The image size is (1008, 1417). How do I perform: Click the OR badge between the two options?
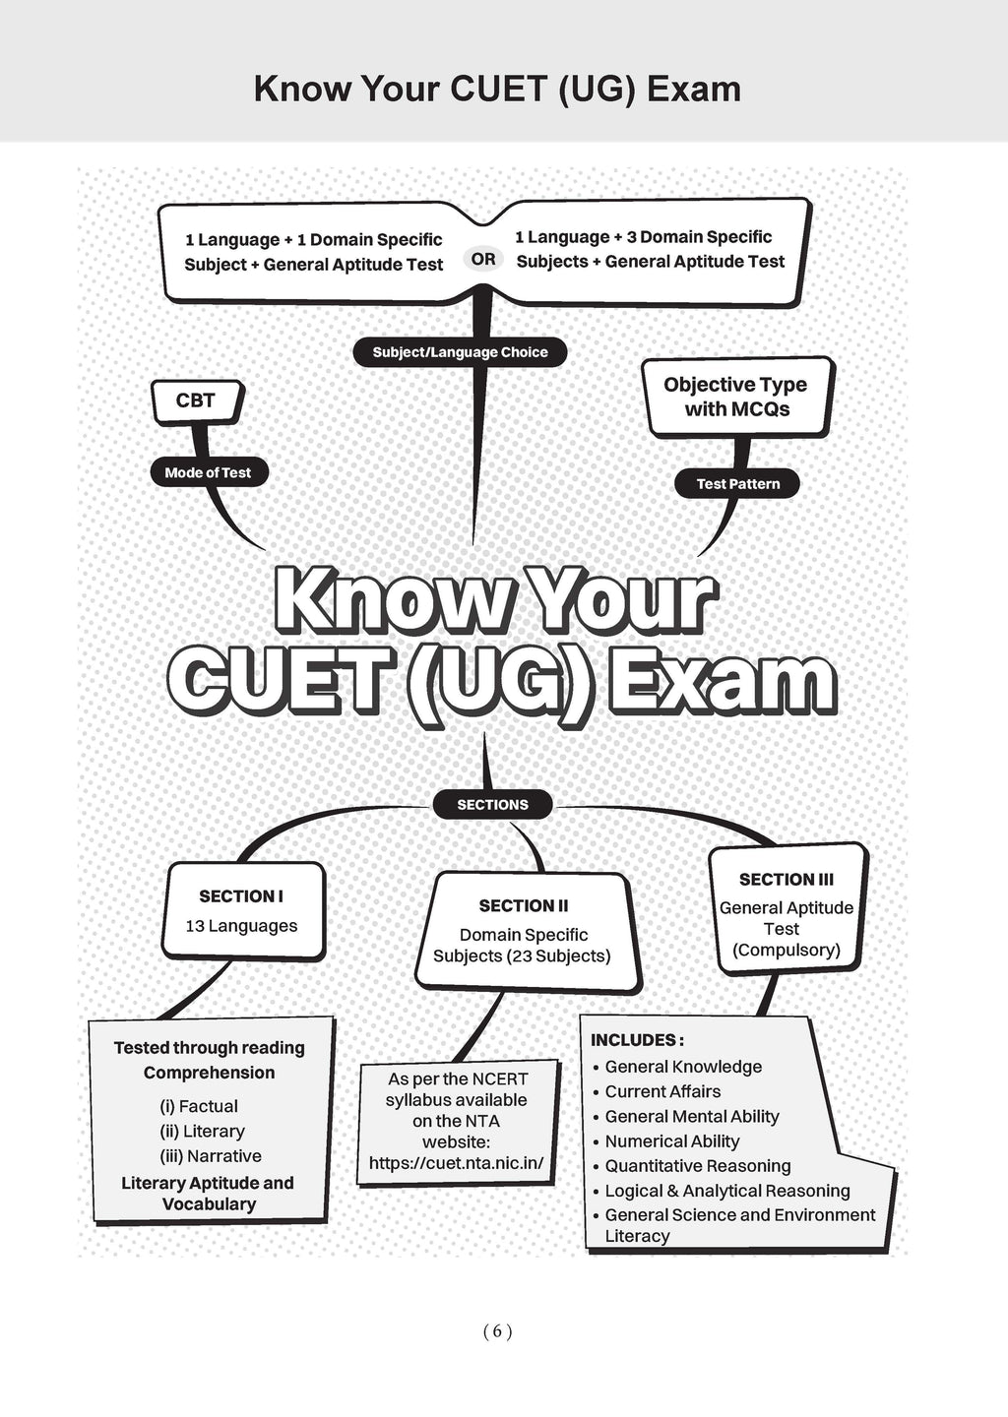483,259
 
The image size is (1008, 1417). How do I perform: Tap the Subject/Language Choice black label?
460,352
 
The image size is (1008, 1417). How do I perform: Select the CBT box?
198,401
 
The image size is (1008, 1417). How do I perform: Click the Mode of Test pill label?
209,472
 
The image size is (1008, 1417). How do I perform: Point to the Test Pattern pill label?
737,484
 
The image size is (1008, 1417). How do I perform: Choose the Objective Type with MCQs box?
737,397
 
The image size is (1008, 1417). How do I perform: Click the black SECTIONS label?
492,805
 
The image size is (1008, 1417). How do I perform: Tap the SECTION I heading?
241,896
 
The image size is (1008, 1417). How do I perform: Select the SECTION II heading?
524,906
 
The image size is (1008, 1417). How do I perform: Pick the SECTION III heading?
787,880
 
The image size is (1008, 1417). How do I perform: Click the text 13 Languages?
241,926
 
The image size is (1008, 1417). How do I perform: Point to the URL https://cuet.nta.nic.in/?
456,1163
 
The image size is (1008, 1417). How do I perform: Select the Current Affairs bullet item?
662,1091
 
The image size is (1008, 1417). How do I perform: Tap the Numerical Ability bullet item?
672,1141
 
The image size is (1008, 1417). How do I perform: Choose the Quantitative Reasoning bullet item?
698,1166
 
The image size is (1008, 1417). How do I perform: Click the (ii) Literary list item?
202,1131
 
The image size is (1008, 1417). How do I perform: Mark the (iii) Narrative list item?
210,1155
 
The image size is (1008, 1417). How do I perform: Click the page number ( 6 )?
497,1332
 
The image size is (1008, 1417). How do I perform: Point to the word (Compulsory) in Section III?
787,951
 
